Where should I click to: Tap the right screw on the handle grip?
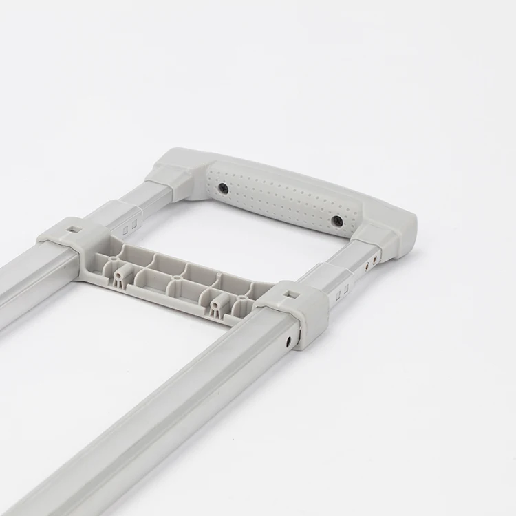coord(338,221)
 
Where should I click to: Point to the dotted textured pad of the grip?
coord(282,199)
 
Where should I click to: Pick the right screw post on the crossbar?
coord(219,303)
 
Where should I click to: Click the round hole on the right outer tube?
coord(289,340)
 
